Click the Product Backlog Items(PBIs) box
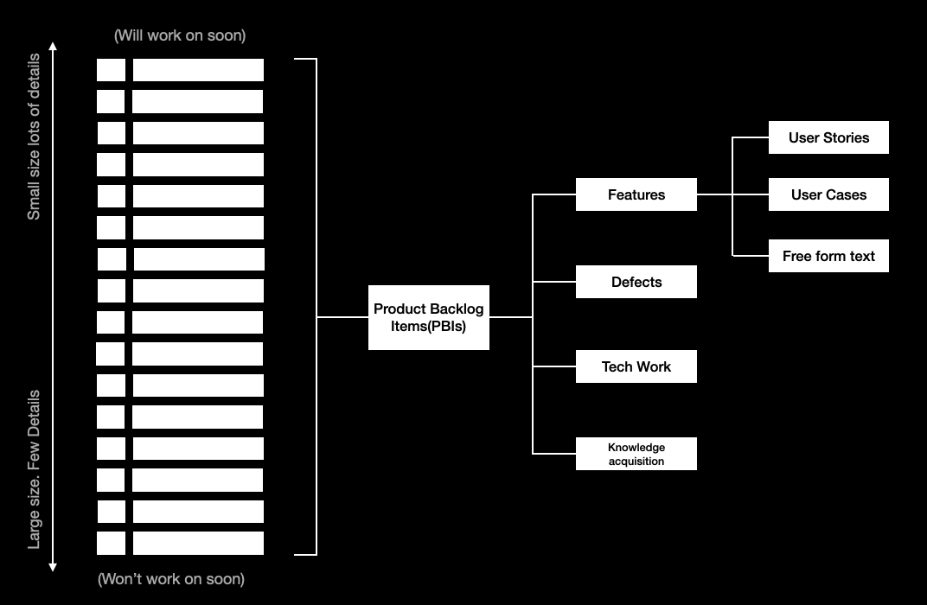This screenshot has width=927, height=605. click(428, 317)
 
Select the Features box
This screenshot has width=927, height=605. click(636, 194)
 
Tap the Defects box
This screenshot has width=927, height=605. click(636, 282)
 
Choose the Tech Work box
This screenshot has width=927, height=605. click(636, 366)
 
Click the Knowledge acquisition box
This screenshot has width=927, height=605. click(636, 454)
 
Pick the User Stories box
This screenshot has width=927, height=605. click(828, 137)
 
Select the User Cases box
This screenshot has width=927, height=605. click(828, 195)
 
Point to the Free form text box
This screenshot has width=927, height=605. click(828, 256)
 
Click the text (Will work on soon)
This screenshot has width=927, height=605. click(180, 35)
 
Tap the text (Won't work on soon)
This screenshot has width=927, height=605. click(171, 578)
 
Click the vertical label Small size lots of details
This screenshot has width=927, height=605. click(34, 137)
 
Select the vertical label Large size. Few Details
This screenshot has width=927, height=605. click(34, 469)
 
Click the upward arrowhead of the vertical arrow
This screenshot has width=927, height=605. click(53, 46)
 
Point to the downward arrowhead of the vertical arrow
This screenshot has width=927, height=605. click(53, 567)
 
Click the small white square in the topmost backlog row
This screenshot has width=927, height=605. click(111, 70)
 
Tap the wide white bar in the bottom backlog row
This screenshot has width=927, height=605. click(198, 543)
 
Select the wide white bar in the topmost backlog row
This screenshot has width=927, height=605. click(198, 70)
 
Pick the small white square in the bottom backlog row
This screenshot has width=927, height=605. click(111, 543)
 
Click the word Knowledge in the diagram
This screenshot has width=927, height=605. click(636, 447)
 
